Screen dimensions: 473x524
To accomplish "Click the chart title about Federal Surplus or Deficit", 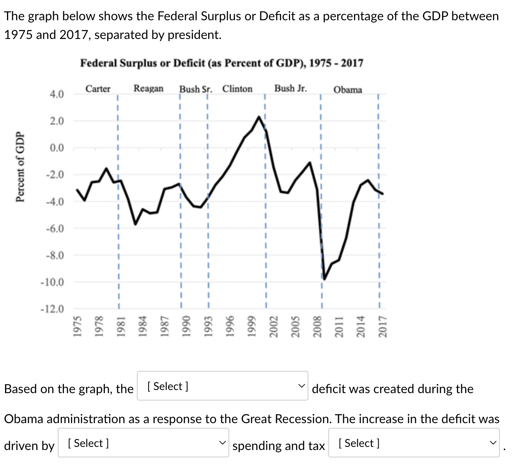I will (x=221, y=63).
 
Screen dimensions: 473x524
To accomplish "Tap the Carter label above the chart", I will (x=98, y=89).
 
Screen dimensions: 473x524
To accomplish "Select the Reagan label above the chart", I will (x=149, y=88).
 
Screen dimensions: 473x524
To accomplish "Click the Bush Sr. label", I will (x=196, y=89).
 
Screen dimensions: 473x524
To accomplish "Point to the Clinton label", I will (x=237, y=89).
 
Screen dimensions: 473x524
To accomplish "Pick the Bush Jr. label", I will (x=290, y=88).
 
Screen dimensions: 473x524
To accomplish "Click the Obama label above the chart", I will (x=348, y=90).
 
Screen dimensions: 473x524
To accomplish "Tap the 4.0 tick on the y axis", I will (x=57, y=94).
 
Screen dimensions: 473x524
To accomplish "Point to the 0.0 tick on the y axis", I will (x=57, y=148).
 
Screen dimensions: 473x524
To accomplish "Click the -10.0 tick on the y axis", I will (x=53, y=282).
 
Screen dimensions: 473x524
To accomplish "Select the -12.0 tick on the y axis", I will (x=53, y=309).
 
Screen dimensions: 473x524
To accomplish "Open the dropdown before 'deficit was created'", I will (x=222, y=386).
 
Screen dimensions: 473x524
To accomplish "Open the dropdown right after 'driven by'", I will (x=143, y=443).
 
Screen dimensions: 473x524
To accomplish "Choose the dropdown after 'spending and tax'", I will (x=414, y=443).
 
